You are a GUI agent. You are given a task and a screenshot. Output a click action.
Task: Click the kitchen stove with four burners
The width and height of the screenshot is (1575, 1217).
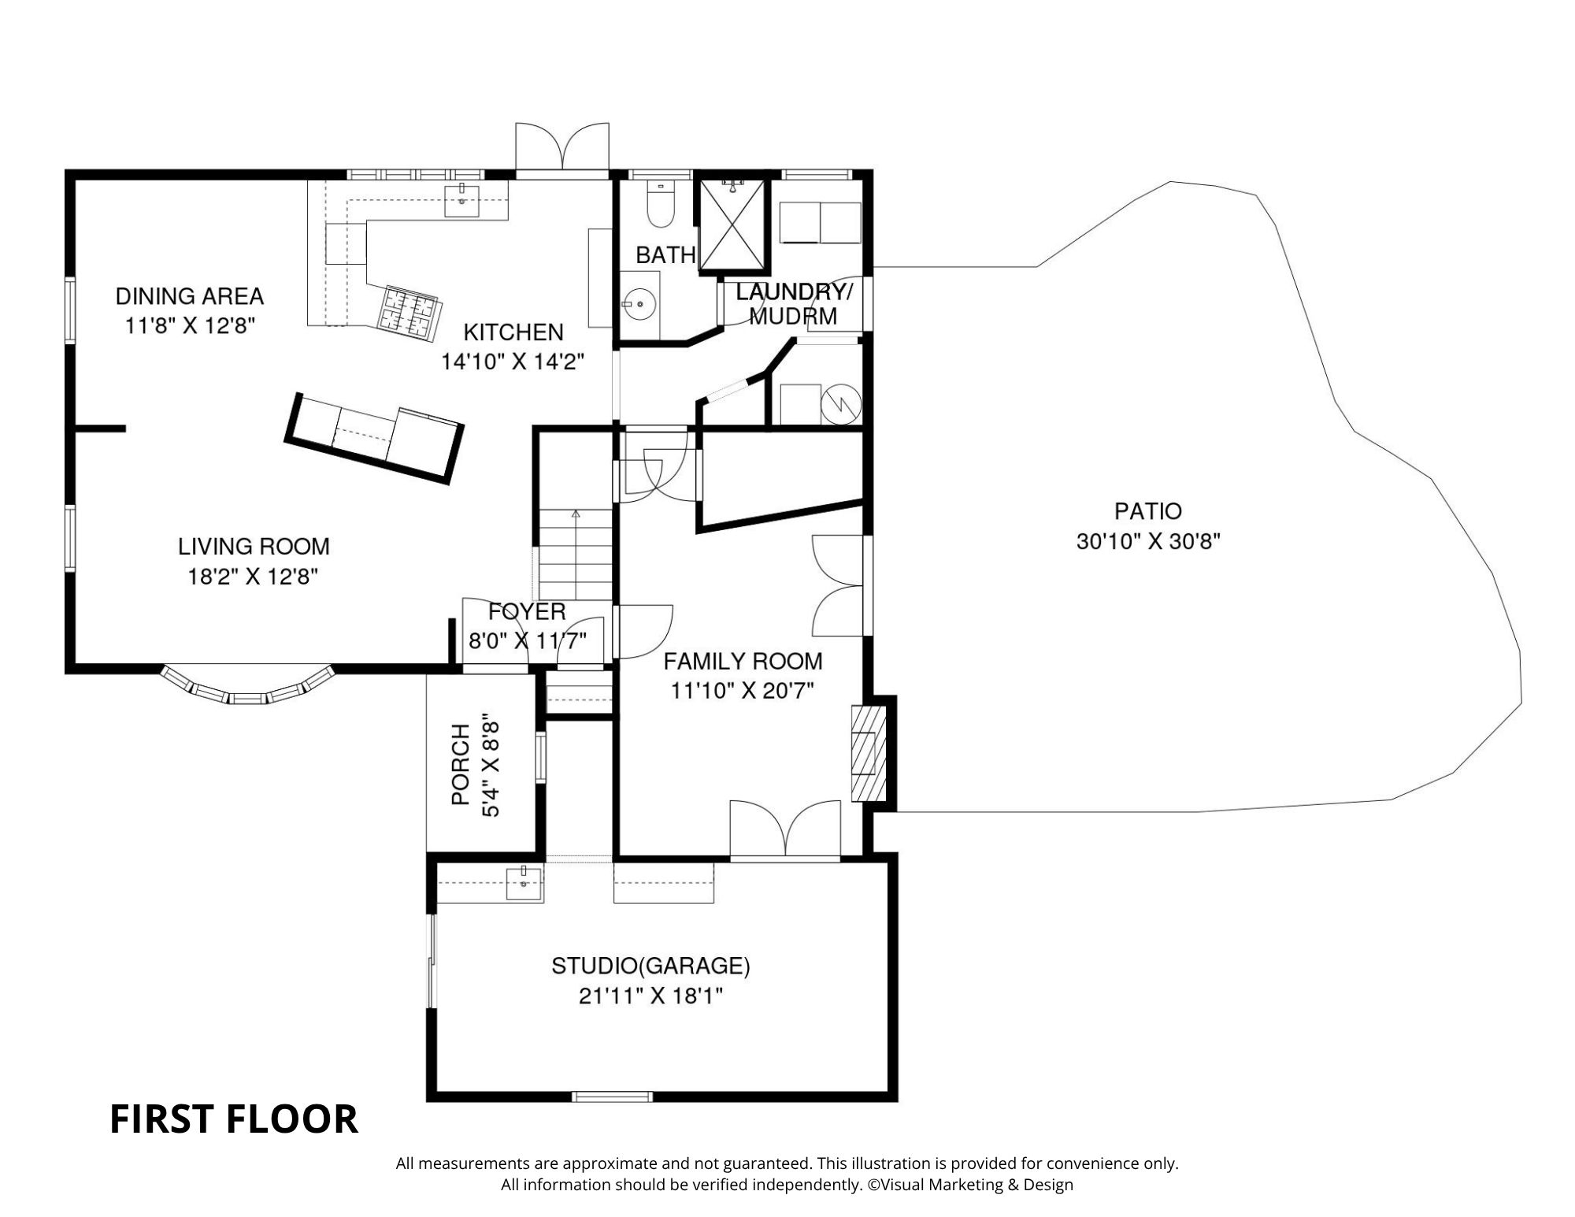tap(409, 312)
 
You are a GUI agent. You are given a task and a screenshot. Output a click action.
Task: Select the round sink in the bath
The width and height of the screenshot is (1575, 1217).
tap(639, 302)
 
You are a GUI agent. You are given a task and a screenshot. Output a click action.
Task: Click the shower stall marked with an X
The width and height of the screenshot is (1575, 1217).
tap(732, 224)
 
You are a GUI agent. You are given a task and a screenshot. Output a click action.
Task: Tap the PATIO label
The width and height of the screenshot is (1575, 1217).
tap(1147, 511)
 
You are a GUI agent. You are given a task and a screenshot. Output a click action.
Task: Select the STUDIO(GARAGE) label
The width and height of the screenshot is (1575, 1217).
tap(650, 966)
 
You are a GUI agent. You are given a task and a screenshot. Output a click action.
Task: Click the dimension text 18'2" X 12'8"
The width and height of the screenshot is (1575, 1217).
tap(253, 577)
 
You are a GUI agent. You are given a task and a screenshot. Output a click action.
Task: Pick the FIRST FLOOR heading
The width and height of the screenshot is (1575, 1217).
tap(234, 1119)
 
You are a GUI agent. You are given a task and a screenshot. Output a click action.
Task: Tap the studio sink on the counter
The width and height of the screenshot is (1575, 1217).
tap(524, 881)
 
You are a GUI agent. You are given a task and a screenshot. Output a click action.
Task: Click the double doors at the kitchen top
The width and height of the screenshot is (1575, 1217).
tap(562, 150)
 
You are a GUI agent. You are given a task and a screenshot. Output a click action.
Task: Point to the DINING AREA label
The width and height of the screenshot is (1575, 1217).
tap(189, 296)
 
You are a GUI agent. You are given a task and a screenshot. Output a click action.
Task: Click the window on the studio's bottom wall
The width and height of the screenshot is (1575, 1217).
tap(613, 1096)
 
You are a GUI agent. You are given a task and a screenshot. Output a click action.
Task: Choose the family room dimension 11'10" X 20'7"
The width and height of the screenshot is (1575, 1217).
tap(742, 691)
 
